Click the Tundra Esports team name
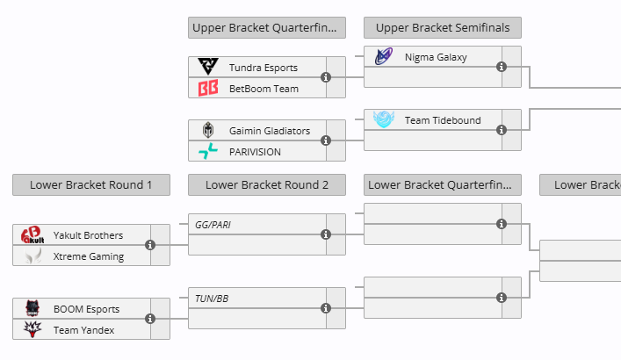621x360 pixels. pyautogui.click(x=263, y=68)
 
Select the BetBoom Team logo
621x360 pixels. pyautogui.click(x=208, y=89)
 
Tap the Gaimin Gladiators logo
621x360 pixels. pyautogui.click(x=208, y=131)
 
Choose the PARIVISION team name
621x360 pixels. pyautogui.click(x=255, y=152)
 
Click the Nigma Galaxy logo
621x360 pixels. pyautogui.click(x=384, y=57)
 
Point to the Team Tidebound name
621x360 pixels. pyautogui.click(x=443, y=120)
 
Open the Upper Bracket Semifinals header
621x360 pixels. pyautogui.click(x=443, y=27)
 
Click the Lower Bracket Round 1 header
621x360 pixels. pyautogui.click(x=91, y=184)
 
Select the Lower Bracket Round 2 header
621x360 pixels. pyautogui.click(x=267, y=184)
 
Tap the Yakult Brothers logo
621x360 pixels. pyautogui.click(x=32, y=235)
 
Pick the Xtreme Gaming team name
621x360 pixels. pyautogui.click(x=88, y=256)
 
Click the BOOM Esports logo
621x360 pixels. pyautogui.click(x=32, y=309)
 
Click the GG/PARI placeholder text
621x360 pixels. pyautogui.click(x=213, y=225)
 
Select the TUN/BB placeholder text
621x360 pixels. pyautogui.click(x=212, y=299)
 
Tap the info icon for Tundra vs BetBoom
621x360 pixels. pyautogui.click(x=326, y=77)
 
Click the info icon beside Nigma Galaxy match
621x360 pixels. pyautogui.click(x=502, y=67)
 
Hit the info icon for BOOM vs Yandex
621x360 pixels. pyautogui.click(x=150, y=320)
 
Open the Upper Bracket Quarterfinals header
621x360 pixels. pyautogui.click(x=267, y=27)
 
